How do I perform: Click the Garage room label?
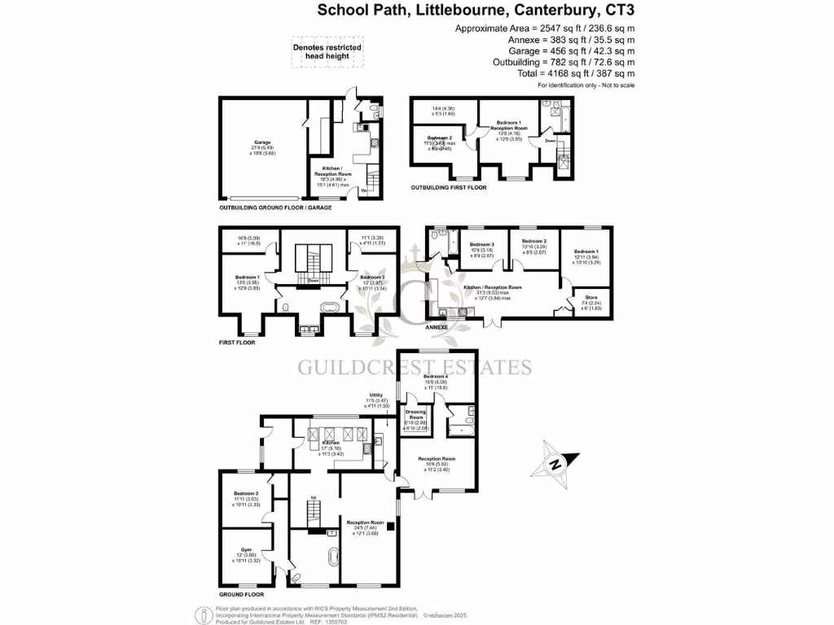261,142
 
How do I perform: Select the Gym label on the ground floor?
245,549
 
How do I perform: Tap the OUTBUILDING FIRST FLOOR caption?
449,188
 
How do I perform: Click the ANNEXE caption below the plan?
437,327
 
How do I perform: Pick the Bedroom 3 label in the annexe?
481,244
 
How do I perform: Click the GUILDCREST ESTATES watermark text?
415,367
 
